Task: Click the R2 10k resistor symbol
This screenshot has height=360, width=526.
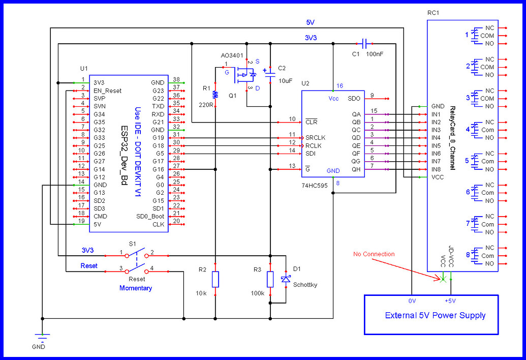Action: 215,279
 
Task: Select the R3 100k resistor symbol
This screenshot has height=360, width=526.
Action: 270,279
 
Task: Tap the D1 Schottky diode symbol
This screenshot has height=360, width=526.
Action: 286,279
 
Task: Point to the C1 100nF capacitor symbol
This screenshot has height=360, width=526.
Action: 365,43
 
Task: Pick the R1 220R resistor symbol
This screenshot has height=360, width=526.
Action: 215,95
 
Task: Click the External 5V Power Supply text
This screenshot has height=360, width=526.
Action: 435,315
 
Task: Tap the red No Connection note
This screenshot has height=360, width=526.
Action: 374,254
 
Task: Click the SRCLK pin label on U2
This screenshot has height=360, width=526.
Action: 315,138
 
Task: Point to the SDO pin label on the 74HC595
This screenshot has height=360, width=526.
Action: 354,99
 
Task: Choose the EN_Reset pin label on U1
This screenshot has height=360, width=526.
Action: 107,91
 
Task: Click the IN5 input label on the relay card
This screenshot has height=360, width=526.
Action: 436,145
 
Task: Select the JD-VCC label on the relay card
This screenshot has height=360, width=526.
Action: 451,256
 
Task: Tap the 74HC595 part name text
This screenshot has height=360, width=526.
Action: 314,186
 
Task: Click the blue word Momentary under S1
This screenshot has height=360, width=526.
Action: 136,288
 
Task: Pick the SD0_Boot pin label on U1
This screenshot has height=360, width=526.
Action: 150,217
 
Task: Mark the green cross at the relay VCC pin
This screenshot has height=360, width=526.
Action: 443,279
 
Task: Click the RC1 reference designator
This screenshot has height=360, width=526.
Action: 433,13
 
